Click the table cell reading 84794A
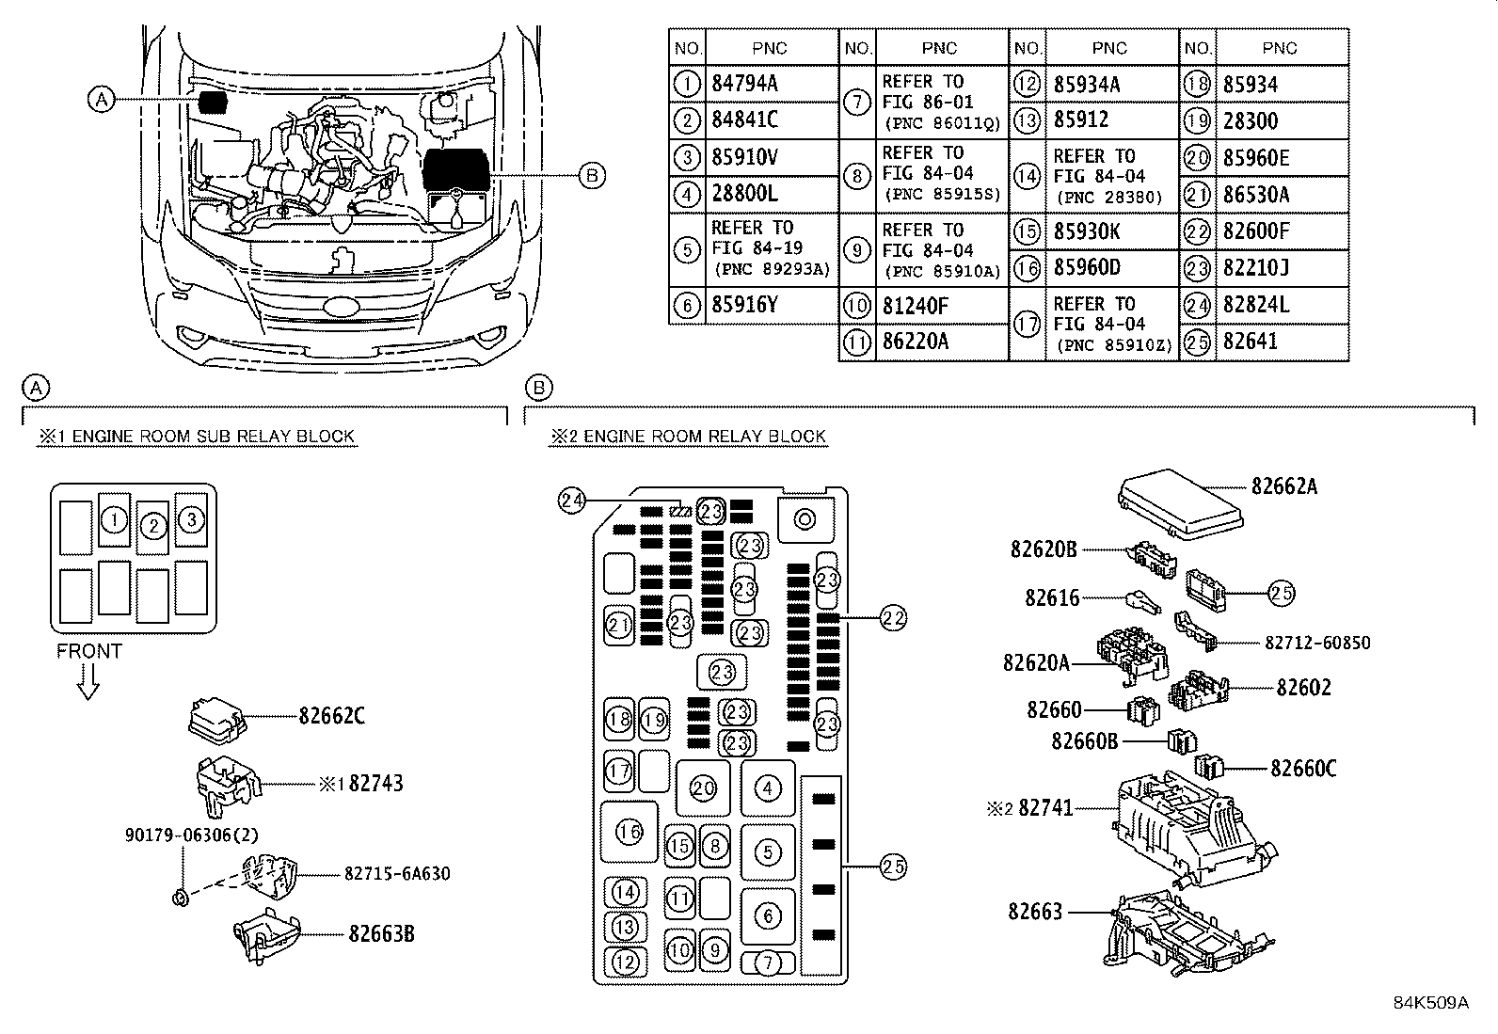[x=744, y=84]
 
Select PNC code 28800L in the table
[x=744, y=195]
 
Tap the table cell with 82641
[x=1251, y=342]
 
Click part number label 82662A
[x=1283, y=486]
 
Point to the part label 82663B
[x=381, y=934]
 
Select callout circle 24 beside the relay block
[x=571, y=501]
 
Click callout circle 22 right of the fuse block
[x=893, y=618]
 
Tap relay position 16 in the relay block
[x=629, y=831]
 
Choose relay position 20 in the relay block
[x=703, y=788]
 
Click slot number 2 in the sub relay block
[x=152, y=527]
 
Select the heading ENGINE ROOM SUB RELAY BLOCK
[x=196, y=437]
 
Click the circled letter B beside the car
[x=590, y=175]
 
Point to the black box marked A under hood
[x=215, y=101]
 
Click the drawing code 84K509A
[x=1430, y=1002]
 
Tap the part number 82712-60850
[x=1316, y=643]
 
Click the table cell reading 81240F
[x=915, y=306]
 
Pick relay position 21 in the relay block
[x=618, y=625]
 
